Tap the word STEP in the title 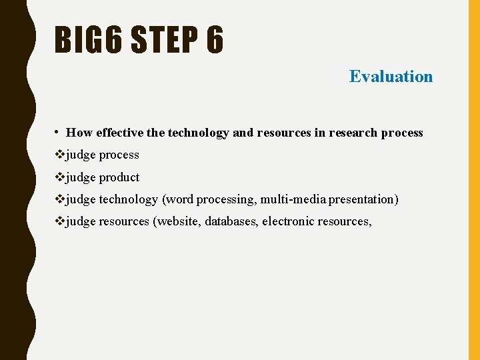pyautogui.click(x=157, y=40)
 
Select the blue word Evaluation pyautogui.click(x=391, y=77)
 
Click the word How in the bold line pyautogui.click(x=79, y=133)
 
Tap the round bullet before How pyautogui.click(x=59, y=132)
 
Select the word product pyautogui.click(x=119, y=177)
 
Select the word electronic pyautogui.click(x=287, y=221)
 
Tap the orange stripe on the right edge pyautogui.click(x=474, y=180)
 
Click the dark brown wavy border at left pyautogui.click(x=13, y=180)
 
